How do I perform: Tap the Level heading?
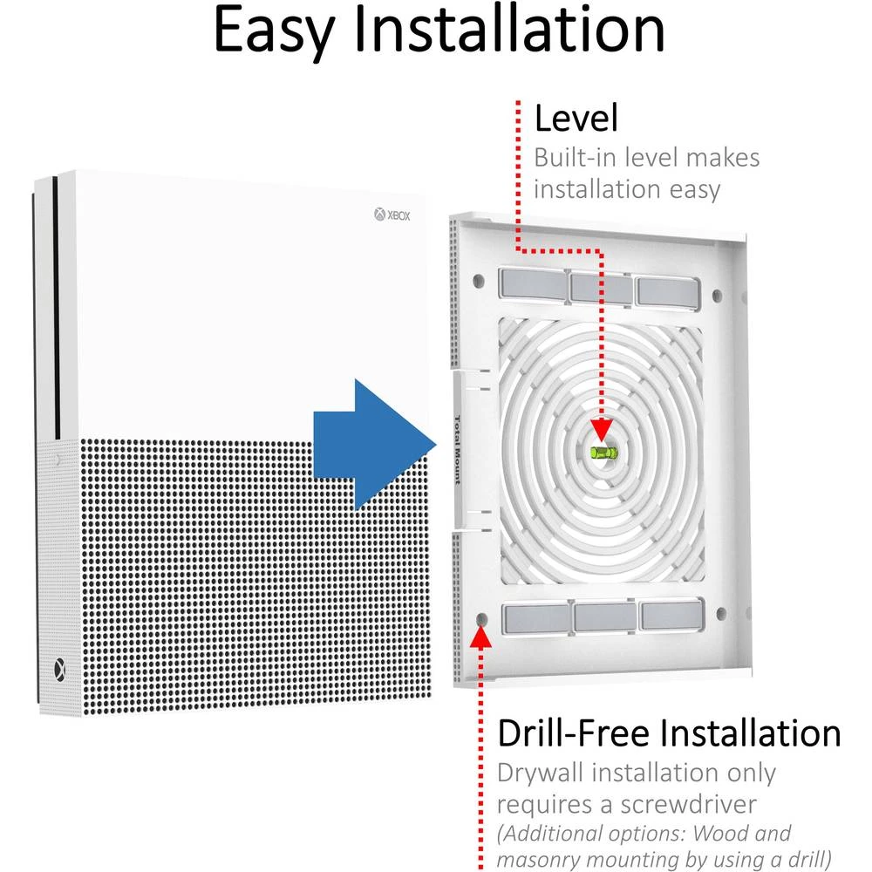pos(576,118)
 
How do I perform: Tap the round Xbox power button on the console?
pos(58,669)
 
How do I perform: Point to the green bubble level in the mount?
pos(602,452)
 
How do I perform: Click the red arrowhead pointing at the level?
pos(601,431)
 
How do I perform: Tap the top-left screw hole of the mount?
pos(479,283)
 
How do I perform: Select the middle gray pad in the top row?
pos(603,287)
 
